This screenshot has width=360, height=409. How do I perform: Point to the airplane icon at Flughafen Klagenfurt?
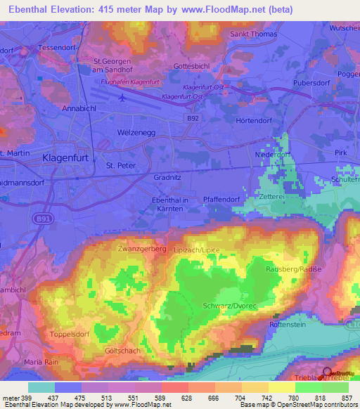tap(124, 98)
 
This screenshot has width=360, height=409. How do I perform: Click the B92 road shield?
tap(193, 119)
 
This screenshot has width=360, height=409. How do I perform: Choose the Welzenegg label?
tap(136, 132)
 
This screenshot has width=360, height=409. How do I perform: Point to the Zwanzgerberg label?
tap(141, 249)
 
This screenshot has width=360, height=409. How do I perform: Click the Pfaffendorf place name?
tap(221, 200)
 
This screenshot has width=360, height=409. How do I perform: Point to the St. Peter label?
tap(120, 165)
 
